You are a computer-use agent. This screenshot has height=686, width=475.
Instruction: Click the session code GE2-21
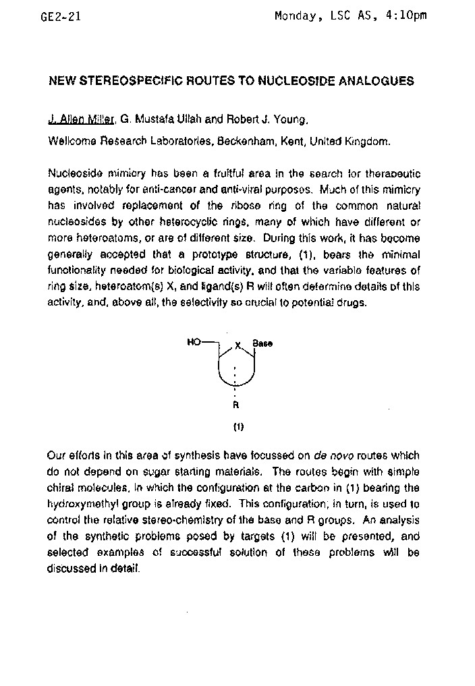(61, 17)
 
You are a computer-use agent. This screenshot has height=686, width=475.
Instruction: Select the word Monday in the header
(296, 16)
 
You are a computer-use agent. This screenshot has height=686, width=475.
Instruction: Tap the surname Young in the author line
(291, 120)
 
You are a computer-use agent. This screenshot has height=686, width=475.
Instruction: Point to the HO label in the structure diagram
(194, 343)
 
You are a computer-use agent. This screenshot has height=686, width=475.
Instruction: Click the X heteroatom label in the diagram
(237, 345)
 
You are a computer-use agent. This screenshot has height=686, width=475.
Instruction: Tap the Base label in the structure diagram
(262, 343)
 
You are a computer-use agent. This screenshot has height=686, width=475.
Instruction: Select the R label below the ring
(235, 405)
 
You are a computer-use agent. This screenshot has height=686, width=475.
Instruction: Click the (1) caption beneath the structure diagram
(237, 426)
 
